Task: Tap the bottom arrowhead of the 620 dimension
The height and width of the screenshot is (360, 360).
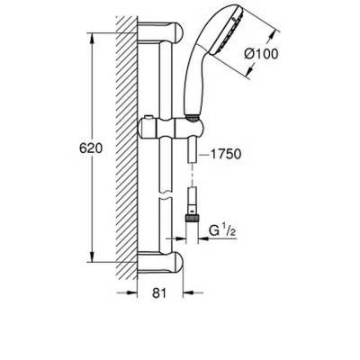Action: coord(93,265)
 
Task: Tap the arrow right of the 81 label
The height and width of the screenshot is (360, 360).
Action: coord(185,293)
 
